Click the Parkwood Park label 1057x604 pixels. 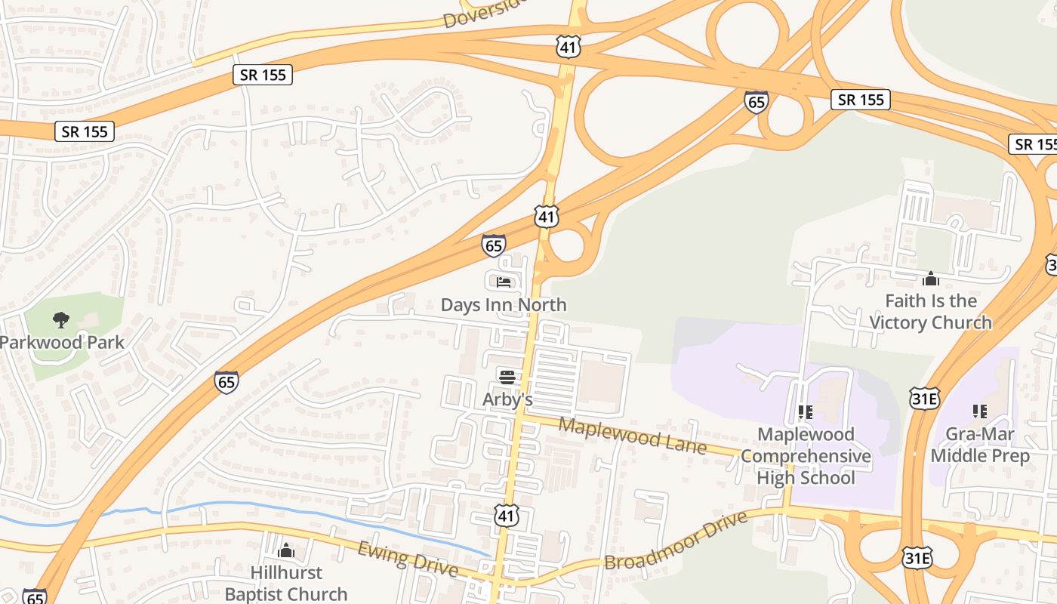coord(62,342)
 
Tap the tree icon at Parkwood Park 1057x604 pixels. coord(61,320)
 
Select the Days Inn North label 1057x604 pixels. coord(504,305)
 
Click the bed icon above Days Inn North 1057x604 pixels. coord(504,282)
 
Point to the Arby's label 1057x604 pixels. coord(507,399)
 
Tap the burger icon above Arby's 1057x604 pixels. coord(507,377)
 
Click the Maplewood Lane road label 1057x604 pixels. coord(632,436)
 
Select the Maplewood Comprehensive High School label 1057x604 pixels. coord(806,456)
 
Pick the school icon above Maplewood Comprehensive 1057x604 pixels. coord(806,412)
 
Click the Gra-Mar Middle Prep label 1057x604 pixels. coord(980,445)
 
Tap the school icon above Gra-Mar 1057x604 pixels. coord(980,411)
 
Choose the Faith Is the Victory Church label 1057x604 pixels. coord(930,312)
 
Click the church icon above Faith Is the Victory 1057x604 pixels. coord(930,279)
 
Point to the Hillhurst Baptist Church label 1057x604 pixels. coord(286,584)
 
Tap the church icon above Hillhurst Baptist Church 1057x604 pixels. coord(286,550)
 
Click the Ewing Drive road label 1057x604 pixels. coord(408,559)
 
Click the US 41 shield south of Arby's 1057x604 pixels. coord(507,516)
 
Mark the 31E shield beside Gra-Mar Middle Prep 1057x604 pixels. coord(925,398)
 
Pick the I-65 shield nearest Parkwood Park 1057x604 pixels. coord(226,381)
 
